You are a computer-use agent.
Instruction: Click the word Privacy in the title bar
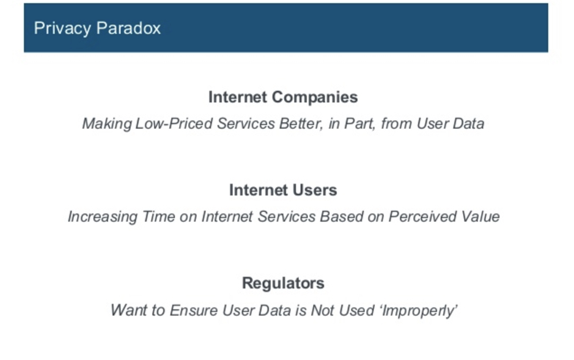click(x=62, y=29)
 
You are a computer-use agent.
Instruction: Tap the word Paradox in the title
click(x=128, y=28)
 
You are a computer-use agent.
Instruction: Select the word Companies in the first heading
click(x=315, y=98)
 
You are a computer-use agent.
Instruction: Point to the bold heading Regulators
click(x=283, y=284)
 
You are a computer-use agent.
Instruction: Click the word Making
click(x=107, y=124)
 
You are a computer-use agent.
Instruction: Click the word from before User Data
click(x=397, y=123)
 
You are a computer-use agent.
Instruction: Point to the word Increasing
click(x=103, y=217)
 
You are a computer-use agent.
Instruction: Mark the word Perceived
click(x=422, y=216)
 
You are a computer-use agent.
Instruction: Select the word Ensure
click(x=194, y=310)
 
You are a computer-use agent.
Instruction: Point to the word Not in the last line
click(x=322, y=310)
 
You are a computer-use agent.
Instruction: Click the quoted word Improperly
click(x=419, y=311)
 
